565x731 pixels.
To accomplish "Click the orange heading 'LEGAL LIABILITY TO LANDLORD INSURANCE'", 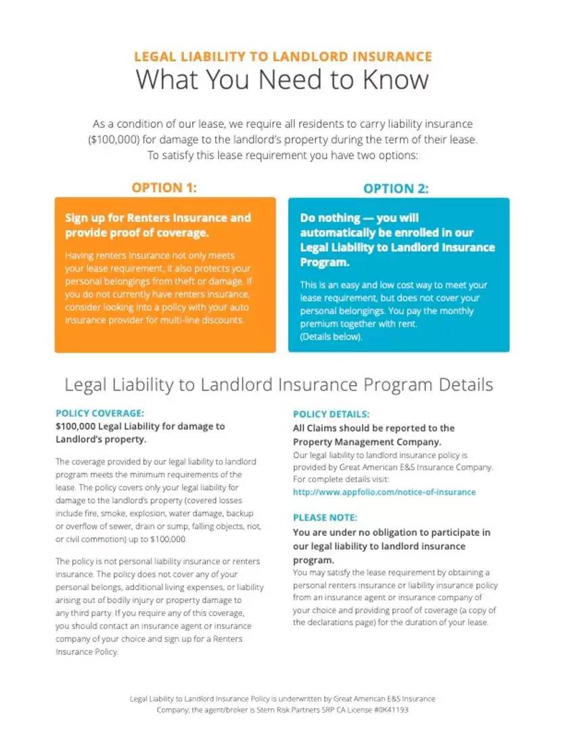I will pyautogui.click(x=283, y=56).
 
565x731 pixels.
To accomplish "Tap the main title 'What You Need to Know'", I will pyautogui.click(x=282, y=80).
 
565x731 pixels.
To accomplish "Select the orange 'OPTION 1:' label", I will pyautogui.click(x=164, y=187).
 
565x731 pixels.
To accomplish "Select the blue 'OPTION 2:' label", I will pyautogui.click(x=396, y=189).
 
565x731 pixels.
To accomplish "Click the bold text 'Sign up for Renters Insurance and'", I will pyautogui.click(x=158, y=218).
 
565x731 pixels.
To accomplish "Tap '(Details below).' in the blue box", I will pyautogui.click(x=331, y=337).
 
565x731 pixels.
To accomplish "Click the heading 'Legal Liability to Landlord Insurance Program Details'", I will pyautogui.click(x=278, y=385).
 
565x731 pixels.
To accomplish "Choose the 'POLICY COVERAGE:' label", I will pyautogui.click(x=100, y=413).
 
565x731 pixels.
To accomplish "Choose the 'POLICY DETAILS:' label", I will pyautogui.click(x=332, y=414).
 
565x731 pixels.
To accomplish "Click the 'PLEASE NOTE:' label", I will pyautogui.click(x=325, y=518).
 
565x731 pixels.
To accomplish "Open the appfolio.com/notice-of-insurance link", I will pyautogui.click(x=384, y=492).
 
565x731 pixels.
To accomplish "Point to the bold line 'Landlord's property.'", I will pyautogui.click(x=101, y=439).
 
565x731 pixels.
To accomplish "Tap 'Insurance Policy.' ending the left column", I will pyautogui.click(x=87, y=652).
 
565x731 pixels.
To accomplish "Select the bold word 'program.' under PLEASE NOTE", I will pyautogui.click(x=313, y=560).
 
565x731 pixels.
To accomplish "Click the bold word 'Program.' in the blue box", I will pyautogui.click(x=324, y=262).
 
